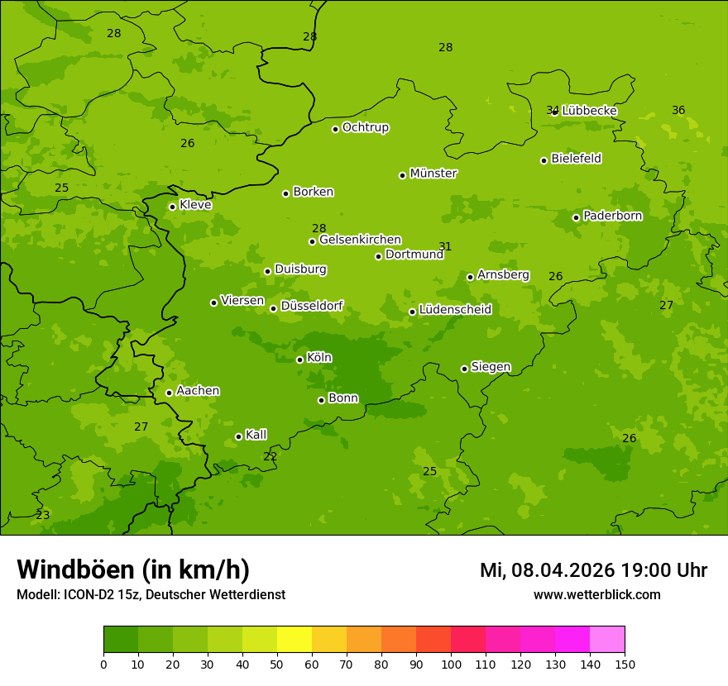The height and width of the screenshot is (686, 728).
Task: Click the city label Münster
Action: [433, 174]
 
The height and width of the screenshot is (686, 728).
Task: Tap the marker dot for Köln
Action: [300, 360]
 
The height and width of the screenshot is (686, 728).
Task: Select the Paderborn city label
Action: [612, 216]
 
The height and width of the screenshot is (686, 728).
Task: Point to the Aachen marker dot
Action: [170, 393]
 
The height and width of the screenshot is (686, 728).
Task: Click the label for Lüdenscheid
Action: [455, 310]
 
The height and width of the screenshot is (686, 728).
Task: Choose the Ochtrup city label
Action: [365, 127]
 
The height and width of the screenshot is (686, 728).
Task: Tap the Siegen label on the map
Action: [491, 367]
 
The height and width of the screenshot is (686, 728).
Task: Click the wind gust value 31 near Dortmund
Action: [445, 246]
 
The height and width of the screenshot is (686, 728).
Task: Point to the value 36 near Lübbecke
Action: [678, 110]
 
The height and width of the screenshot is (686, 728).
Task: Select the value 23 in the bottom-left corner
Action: [43, 515]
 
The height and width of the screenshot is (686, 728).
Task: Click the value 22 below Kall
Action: [270, 456]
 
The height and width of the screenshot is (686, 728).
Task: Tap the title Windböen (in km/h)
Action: [133, 569]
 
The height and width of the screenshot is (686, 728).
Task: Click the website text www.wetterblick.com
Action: [596, 594]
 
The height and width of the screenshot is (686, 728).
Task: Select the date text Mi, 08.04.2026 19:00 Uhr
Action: [593, 570]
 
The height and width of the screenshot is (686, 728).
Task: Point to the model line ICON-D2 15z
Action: [151, 594]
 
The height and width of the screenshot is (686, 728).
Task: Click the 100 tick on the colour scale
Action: [451, 664]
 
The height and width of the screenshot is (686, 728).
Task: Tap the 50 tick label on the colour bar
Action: [277, 664]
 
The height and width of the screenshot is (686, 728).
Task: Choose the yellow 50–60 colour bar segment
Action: [295, 640]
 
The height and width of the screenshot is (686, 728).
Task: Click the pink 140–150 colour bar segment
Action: [607, 640]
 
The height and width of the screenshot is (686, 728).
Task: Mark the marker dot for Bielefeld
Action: [544, 160]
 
